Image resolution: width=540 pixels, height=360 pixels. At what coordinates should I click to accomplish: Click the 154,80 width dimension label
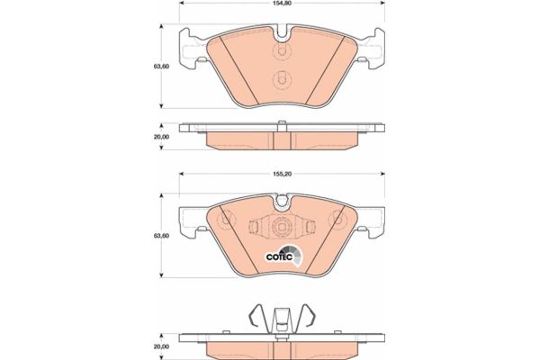point(282,4)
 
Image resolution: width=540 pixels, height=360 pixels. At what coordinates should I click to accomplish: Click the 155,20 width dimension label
point(282,175)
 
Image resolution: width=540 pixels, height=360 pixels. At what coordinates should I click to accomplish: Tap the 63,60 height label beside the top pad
point(161,67)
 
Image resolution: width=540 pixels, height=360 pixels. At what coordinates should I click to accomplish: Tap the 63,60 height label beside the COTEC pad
point(161,236)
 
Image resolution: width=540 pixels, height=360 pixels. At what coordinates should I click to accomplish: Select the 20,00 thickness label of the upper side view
point(161,137)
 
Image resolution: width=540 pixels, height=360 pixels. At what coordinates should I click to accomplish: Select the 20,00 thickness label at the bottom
point(161,346)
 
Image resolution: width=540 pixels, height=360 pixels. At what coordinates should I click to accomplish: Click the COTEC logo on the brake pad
point(283,256)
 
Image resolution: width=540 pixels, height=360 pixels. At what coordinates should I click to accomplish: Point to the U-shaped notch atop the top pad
point(282,32)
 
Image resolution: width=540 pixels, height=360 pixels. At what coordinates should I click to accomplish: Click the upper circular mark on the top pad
point(282,51)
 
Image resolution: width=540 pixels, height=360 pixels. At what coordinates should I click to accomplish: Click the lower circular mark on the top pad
point(282,80)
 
